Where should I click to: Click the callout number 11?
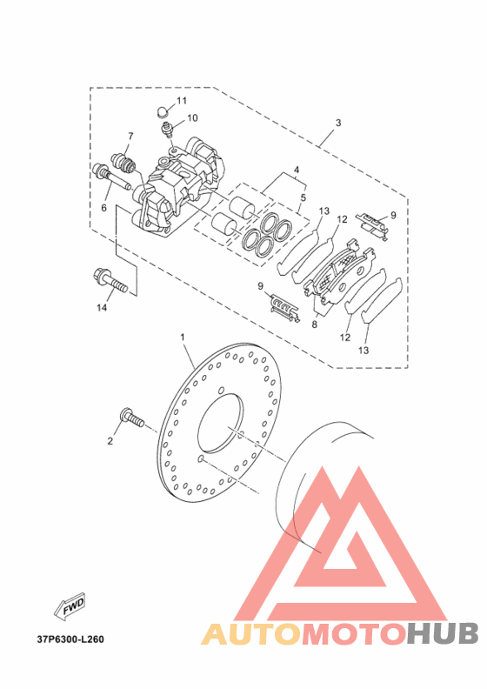pyautogui.click(x=182, y=101)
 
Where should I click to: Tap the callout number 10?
pyautogui.click(x=192, y=117)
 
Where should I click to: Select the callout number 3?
pyautogui.click(x=338, y=123)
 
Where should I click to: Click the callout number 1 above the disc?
pyautogui.click(x=183, y=337)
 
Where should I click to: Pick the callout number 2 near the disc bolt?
pyautogui.click(x=110, y=441)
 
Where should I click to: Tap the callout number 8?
pyautogui.click(x=315, y=324)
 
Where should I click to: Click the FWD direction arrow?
pyautogui.click(x=70, y=607)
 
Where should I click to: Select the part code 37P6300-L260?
pyautogui.click(x=70, y=639)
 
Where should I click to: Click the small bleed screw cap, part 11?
pyautogui.click(x=163, y=110)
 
